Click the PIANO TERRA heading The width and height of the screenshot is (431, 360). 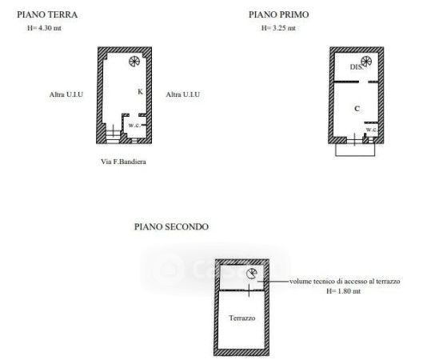[x=47, y=14]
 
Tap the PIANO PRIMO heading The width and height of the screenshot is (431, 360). [x=279, y=14]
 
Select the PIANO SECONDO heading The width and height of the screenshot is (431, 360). [x=171, y=227]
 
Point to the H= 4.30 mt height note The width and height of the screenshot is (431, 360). [x=44, y=28]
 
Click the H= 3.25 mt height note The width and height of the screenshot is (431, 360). [x=279, y=28]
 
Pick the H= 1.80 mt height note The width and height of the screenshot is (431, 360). [x=343, y=291]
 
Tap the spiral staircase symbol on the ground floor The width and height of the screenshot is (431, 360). [x=134, y=62]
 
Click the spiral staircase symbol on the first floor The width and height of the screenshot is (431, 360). [x=366, y=62]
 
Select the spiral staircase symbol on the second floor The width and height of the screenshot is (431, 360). [x=252, y=274]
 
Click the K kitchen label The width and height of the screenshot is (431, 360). [x=140, y=92]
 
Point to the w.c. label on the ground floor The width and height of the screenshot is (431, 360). [x=134, y=126]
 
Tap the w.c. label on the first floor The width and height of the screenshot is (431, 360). [x=371, y=130]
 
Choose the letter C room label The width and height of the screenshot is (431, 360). [x=357, y=109]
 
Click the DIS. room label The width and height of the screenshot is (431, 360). [x=356, y=67]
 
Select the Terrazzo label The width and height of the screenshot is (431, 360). [x=242, y=318]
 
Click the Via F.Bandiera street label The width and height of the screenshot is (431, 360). [x=123, y=162]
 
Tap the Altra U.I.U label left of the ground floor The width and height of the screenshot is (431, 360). [x=66, y=94]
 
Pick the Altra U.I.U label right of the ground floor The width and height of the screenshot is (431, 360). [x=183, y=94]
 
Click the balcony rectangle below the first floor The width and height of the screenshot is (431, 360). [x=355, y=156]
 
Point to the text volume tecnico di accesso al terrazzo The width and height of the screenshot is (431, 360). [x=345, y=282]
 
